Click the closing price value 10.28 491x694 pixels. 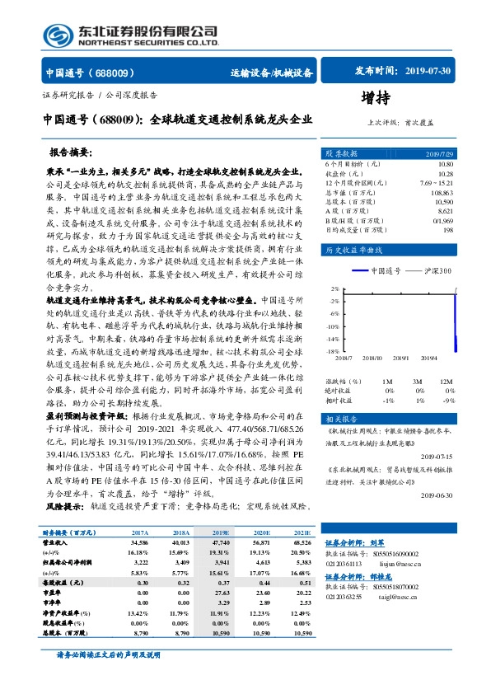[x=445, y=173]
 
